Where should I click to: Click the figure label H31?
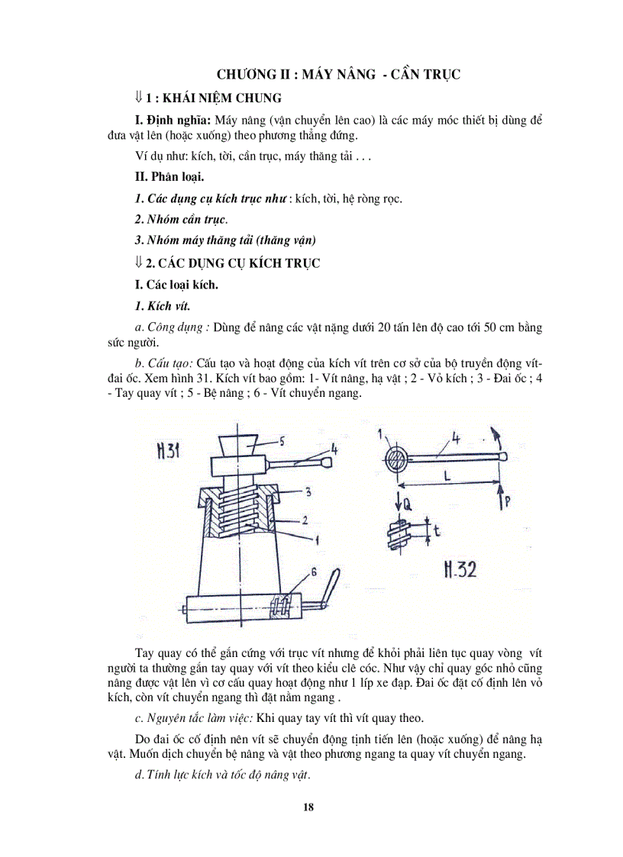167,451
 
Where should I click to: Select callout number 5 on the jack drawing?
280,440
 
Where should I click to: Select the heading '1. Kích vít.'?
162,306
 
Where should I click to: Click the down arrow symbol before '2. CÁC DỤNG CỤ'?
138,262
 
